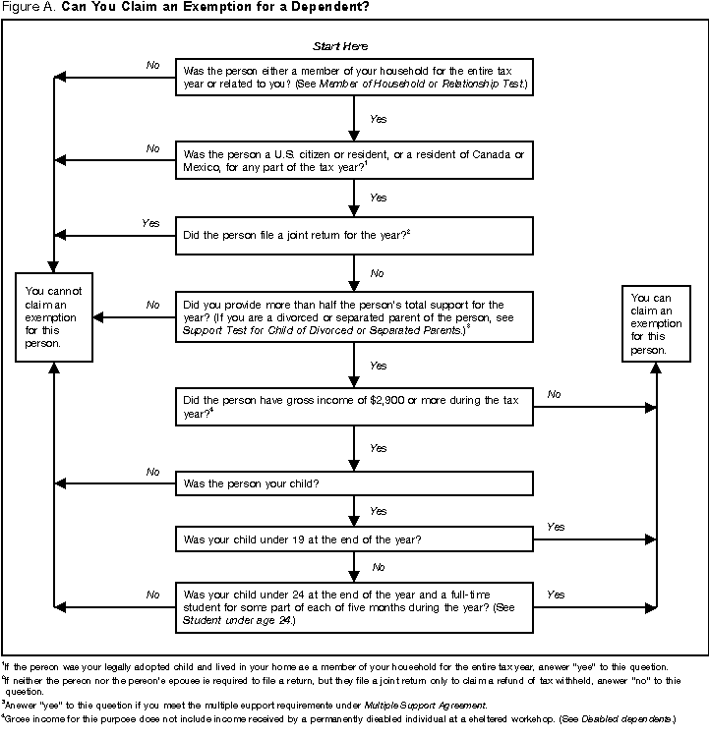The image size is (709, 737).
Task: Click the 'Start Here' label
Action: click(340, 46)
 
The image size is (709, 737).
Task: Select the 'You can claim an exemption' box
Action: click(655, 323)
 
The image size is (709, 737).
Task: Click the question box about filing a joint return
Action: click(354, 236)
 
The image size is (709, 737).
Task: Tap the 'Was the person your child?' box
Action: click(354, 483)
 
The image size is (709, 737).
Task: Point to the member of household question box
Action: click(354, 78)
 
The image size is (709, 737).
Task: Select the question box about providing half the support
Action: click(354, 318)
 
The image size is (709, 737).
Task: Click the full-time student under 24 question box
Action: click(354, 606)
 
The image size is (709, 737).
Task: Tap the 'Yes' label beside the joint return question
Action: click(150, 223)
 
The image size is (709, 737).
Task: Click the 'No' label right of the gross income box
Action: click(554, 394)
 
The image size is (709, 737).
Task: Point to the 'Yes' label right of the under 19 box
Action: click(555, 527)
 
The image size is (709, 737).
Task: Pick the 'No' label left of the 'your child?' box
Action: click(152, 472)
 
